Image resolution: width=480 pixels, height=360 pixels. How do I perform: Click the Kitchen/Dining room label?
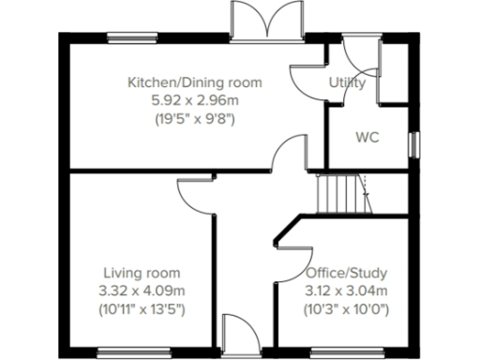click(194, 82)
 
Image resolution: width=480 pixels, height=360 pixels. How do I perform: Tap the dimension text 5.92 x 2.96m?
click(194, 100)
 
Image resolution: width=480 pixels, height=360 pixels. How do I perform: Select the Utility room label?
click(347, 82)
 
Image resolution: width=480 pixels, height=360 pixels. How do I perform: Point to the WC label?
click(367, 137)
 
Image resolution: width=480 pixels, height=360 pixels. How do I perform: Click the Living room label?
click(142, 273)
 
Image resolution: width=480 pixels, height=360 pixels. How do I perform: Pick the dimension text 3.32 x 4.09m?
click(143, 291)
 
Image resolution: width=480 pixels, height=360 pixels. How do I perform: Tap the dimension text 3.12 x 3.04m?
click(346, 291)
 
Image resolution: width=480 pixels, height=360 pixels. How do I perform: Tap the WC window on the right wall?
click(414, 145)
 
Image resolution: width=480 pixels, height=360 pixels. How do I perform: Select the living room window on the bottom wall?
click(130, 352)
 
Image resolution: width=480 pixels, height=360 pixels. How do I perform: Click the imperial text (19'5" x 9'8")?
click(194, 119)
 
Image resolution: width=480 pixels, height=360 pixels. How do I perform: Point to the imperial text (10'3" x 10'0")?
click(347, 308)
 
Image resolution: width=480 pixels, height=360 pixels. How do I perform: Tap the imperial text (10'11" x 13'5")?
click(143, 308)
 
